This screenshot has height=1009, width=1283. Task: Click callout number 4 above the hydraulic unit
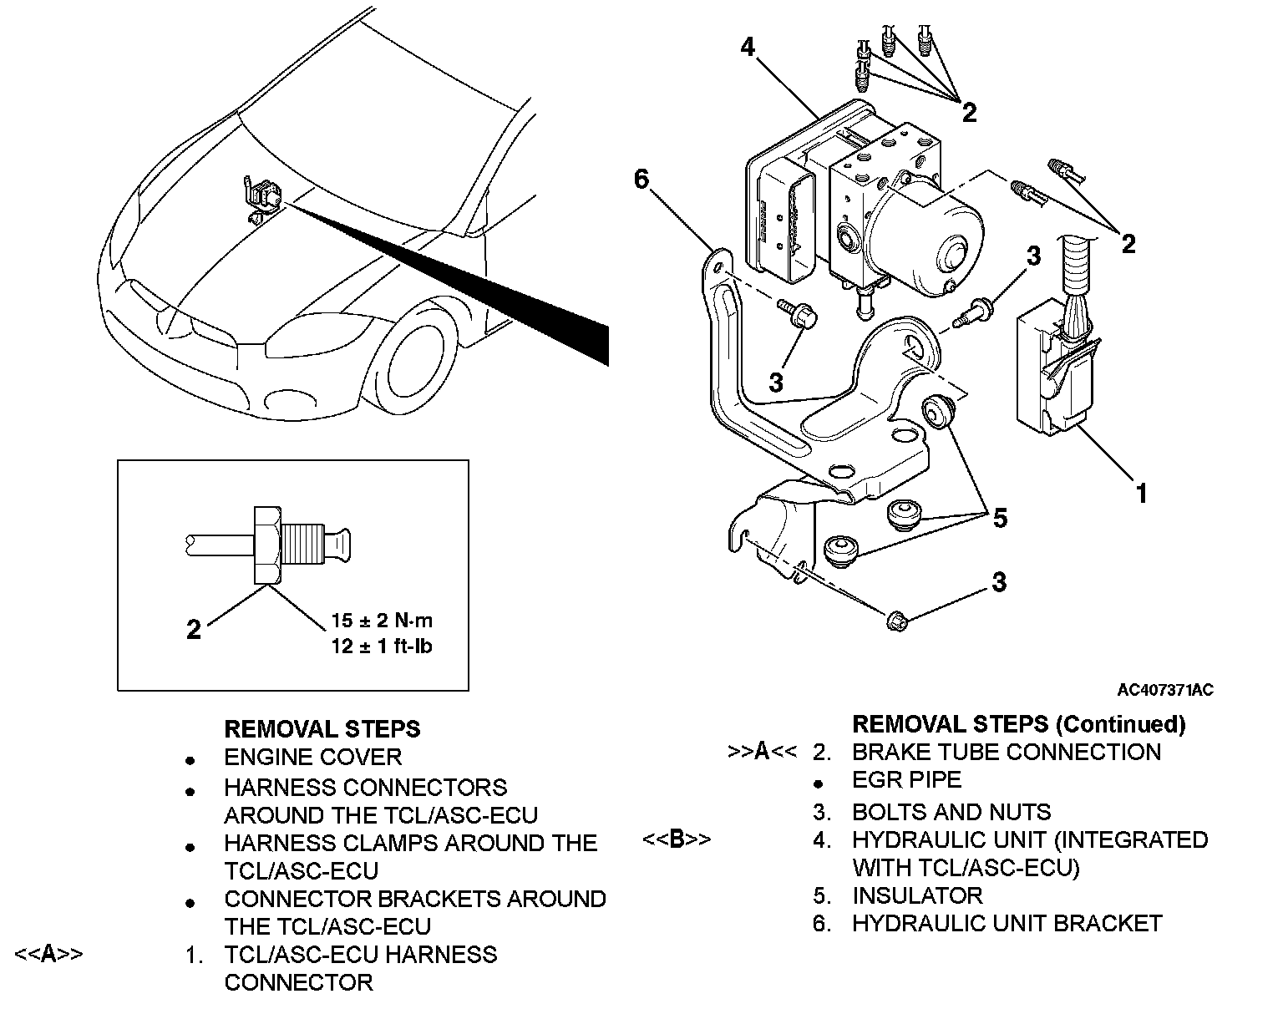748,47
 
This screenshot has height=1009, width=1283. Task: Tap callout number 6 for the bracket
641,179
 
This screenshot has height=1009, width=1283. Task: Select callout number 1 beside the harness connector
1141,494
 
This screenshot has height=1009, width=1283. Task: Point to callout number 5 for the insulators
1000,518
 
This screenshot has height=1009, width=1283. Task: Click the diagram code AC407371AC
1165,690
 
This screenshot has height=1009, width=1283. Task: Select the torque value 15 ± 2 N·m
382,621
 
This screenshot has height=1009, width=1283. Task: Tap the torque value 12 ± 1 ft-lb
382,646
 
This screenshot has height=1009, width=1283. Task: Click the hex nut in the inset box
267,545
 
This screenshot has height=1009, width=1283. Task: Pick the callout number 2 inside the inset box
194,630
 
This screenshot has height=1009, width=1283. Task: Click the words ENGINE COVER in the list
313,758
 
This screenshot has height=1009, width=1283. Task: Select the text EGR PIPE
907,780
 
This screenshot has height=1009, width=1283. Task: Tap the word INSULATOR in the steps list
917,895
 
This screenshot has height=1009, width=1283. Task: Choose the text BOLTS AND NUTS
951,812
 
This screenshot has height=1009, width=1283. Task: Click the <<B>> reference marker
677,839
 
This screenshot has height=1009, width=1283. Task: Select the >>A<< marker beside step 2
762,752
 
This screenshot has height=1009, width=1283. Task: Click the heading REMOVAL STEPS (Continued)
1019,724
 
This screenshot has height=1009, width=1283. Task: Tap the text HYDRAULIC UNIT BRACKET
1007,924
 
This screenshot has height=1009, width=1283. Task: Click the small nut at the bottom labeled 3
897,621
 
